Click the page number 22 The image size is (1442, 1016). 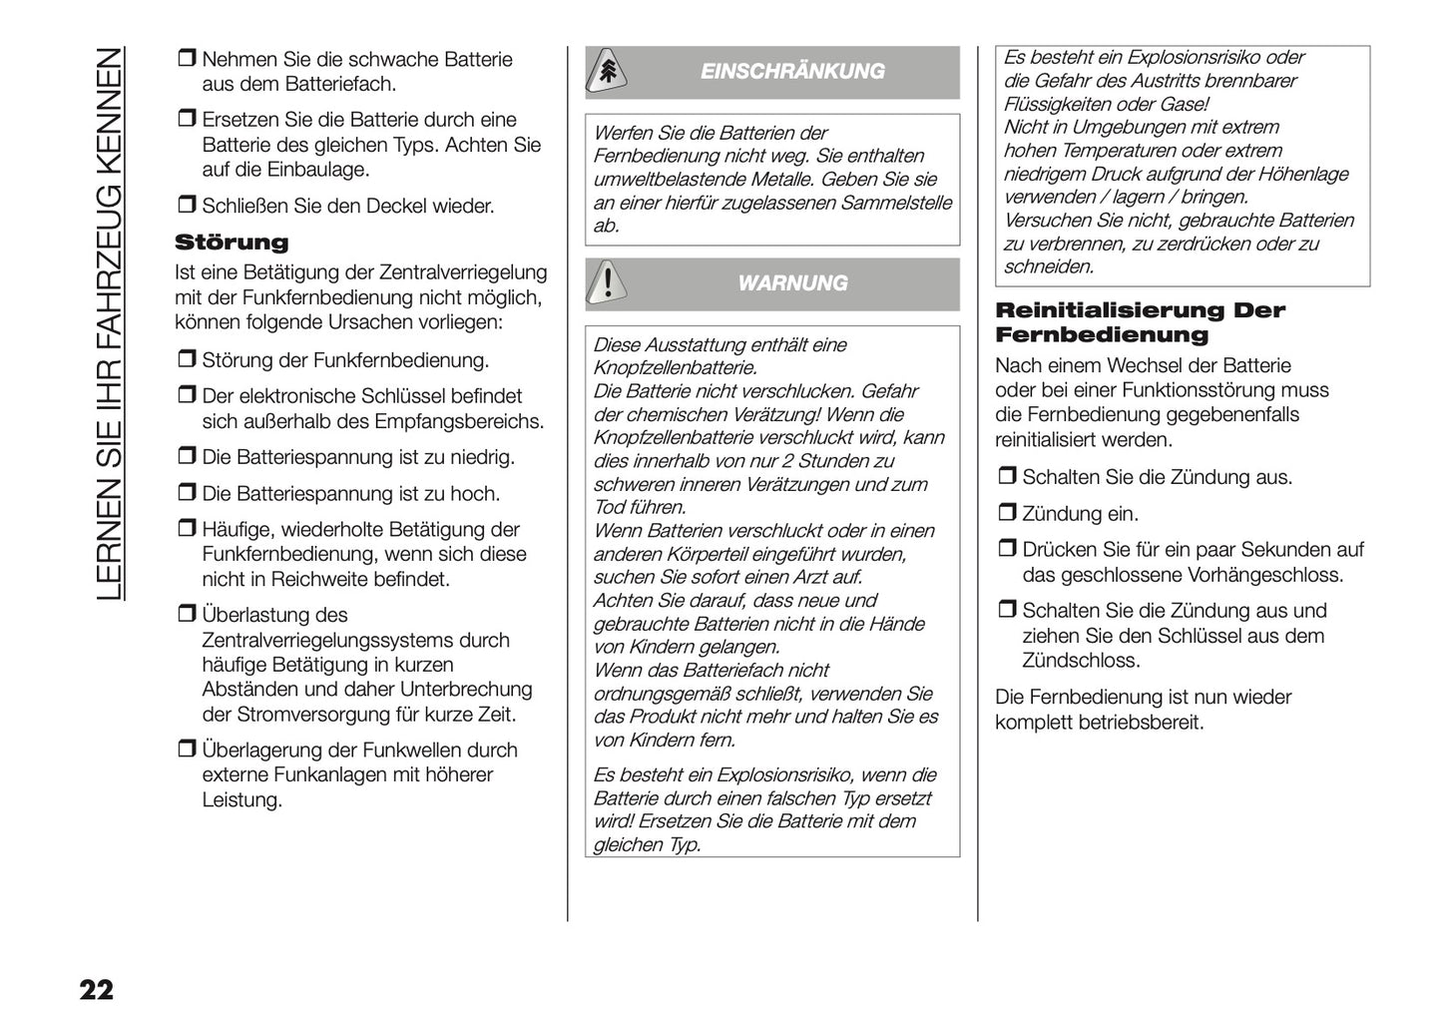97,990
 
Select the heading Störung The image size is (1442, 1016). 232,243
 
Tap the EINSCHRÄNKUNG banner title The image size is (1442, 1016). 792,72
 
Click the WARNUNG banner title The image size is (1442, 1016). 792,283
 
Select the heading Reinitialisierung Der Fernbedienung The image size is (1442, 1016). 1140,322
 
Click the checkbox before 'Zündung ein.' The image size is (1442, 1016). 1006,514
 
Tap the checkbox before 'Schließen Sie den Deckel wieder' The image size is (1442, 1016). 186,206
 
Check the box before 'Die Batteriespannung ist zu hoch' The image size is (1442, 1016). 186,493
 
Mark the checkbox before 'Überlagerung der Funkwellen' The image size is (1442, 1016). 186,750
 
